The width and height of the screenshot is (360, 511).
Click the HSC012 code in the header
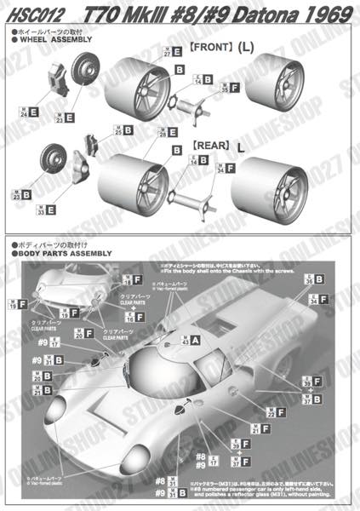click(31, 13)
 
